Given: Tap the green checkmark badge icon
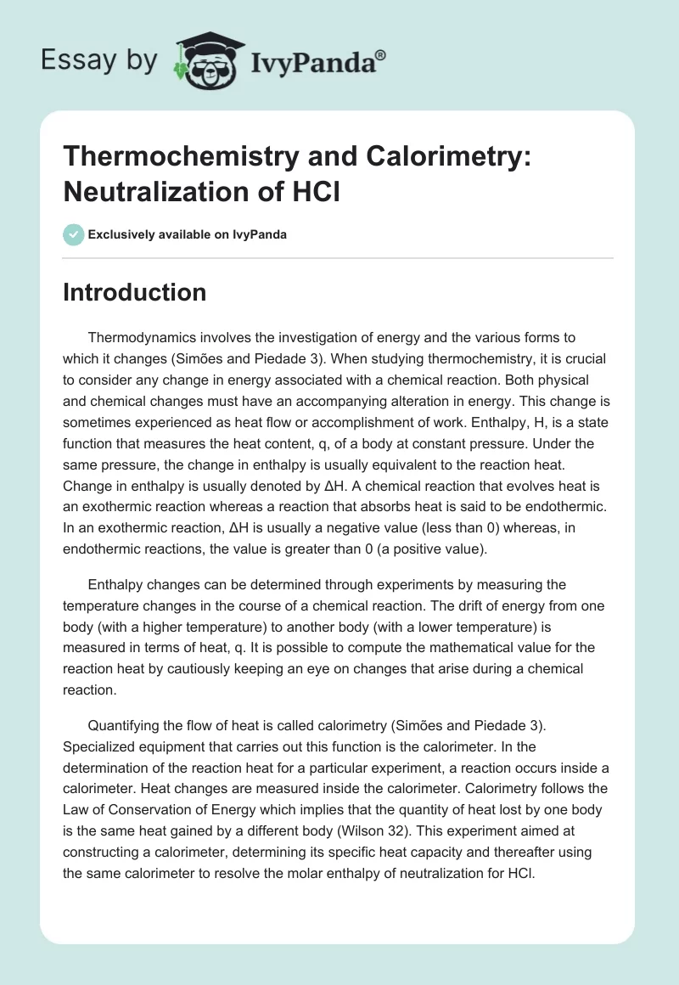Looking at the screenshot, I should coord(73,234).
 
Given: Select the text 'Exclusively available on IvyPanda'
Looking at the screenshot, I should coord(188,234).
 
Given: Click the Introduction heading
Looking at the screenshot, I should coord(135,292).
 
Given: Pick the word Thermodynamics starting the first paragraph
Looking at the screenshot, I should coord(143,337).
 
